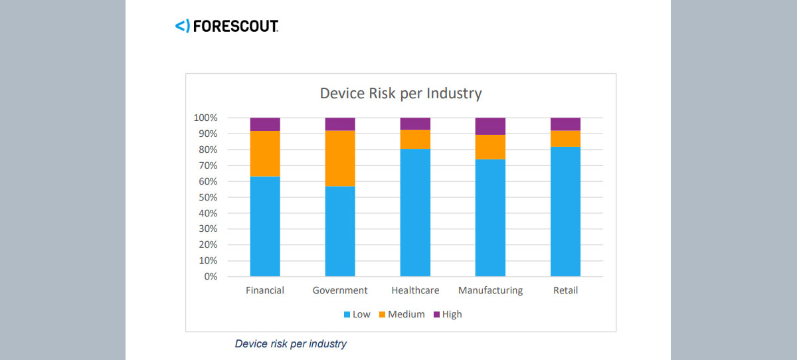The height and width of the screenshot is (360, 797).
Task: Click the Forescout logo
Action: tap(226, 27)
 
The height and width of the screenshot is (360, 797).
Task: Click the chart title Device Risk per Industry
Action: tap(400, 93)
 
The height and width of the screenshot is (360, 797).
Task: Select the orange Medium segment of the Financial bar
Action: tap(265, 153)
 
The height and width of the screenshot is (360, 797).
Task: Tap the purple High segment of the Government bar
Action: tap(340, 124)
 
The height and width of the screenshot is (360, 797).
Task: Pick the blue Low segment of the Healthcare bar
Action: tap(415, 212)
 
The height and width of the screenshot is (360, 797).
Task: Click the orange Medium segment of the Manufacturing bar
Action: tap(490, 147)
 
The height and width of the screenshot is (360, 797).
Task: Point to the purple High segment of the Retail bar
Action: tap(565, 124)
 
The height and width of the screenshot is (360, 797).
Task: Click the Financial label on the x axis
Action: tap(265, 290)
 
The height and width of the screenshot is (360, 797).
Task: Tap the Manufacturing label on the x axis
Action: tap(490, 290)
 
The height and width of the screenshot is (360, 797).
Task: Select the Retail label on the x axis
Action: tap(565, 290)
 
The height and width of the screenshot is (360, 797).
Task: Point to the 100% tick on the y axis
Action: tap(206, 118)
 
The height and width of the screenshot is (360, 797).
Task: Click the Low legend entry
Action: tap(357, 314)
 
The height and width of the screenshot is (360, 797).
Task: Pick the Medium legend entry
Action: tap(401, 314)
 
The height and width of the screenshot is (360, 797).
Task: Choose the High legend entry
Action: tap(447, 314)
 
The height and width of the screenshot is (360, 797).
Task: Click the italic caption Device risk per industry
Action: tap(291, 344)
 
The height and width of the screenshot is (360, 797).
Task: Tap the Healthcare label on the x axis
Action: tap(415, 290)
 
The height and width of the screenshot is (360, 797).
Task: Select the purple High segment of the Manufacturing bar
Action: tap(490, 126)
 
